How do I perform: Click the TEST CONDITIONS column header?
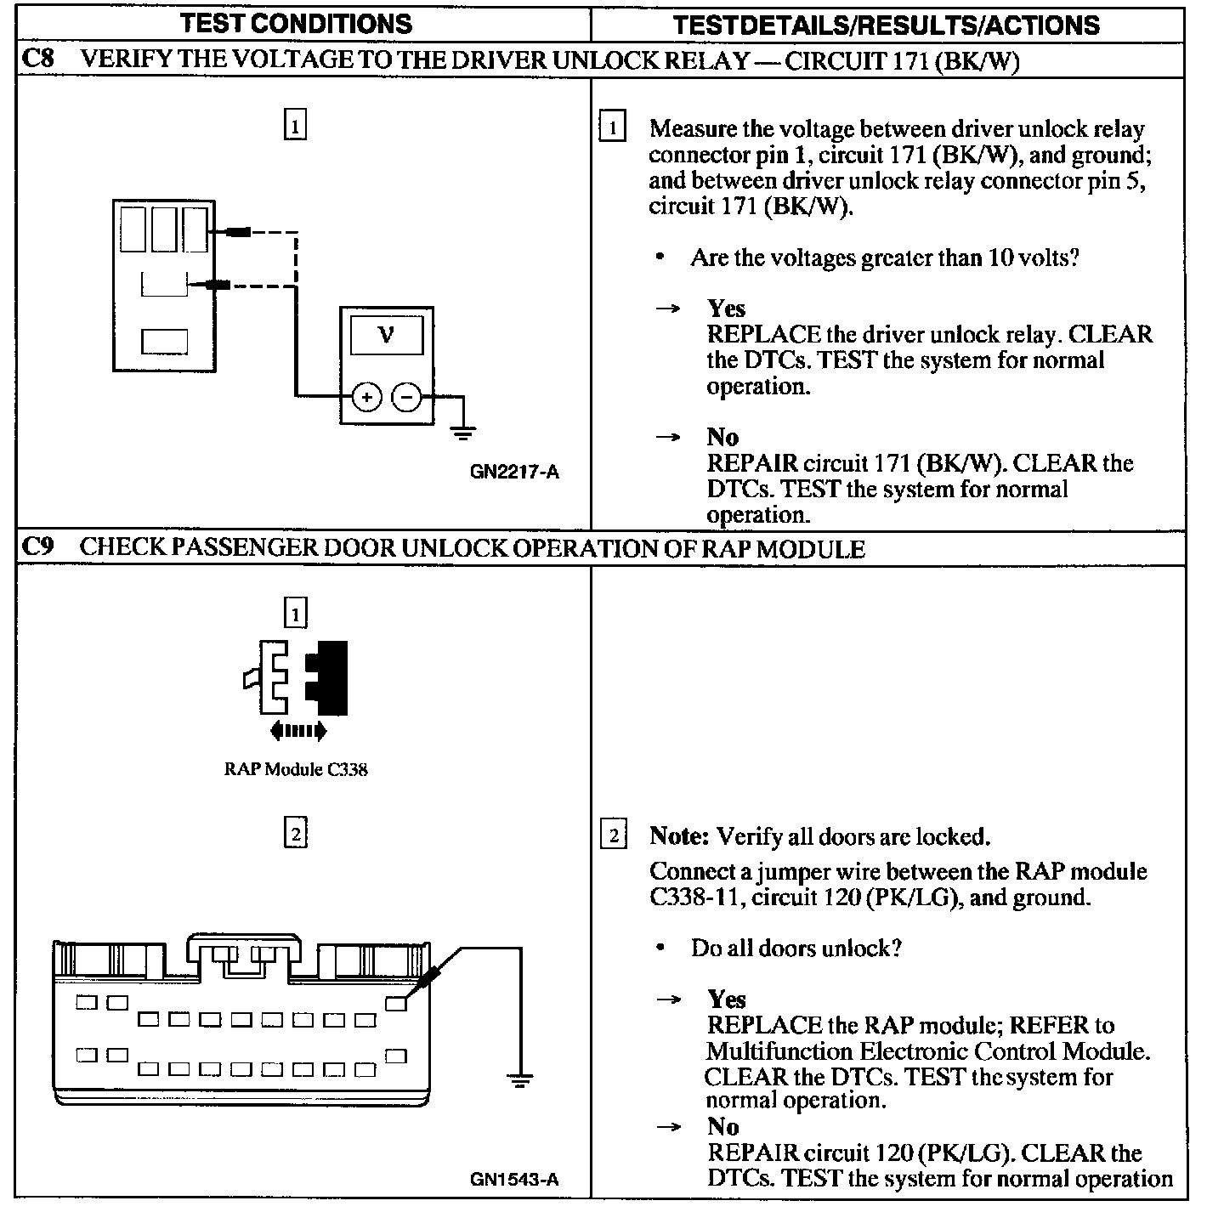[x=296, y=23]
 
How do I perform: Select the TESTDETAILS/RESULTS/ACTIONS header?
[x=886, y=25]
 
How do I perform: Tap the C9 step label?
[x=37, y=547]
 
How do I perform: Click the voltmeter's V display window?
[x=386, y=335]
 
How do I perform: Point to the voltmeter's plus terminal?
[x=366, y=397]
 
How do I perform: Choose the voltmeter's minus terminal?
[x=406, y=397]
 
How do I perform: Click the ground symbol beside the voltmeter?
[x=462, y=433]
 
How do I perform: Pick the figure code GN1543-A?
[x=514, y=1179]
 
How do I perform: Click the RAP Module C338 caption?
[x=296, y=770]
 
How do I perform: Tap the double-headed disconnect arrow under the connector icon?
[x=297, y=730]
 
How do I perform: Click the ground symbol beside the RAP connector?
[x=520, y=1080]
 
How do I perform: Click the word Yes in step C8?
[x=726, y=309]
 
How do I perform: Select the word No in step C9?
[x=722, y=1127]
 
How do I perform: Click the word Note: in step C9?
[x=678, y=836]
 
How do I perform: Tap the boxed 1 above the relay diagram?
[x=294, y=126]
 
